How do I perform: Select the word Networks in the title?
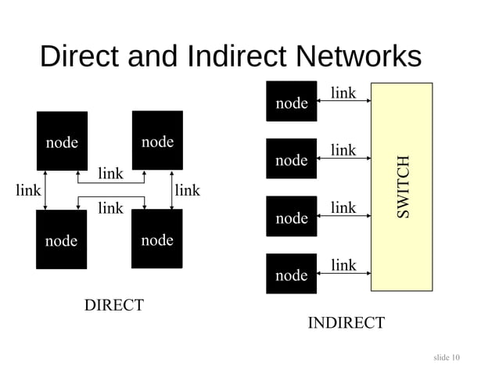(x=358, y=57)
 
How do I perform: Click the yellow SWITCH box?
(x=401, y=186)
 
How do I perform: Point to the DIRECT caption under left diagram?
(x=114, y=305)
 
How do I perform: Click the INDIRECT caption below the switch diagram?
(x=346, y=323)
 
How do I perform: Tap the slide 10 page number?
(x=447, y=358)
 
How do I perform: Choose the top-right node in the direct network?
(x=157, y=140)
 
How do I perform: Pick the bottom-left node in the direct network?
(x=61, y=239)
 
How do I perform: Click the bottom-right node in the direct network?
(x=157, y=239)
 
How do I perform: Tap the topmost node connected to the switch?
(x=292, y=102)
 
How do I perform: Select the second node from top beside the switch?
(x=292, y=160)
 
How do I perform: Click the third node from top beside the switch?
(x=292, y=217)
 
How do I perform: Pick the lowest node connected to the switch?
(x=292, y=274)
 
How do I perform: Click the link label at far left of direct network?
(x=28, y=190)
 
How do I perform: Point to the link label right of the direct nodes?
(x=187, y=190)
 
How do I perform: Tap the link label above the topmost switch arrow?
(x=343, y=94)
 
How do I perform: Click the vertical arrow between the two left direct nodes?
(x=46, y=189)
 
